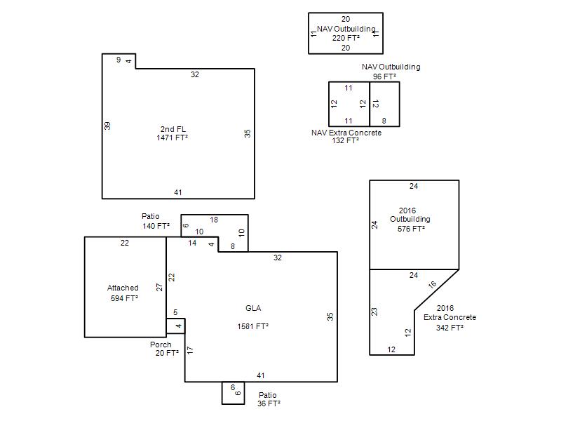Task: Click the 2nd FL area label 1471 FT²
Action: coord(172,138)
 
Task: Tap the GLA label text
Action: coord(253,308)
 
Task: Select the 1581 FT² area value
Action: coord(253,326)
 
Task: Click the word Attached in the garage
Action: coord(123,288)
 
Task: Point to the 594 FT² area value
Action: coord(124,298)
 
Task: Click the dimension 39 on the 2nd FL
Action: coord(107,126)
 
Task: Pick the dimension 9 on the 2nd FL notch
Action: coord(119,60)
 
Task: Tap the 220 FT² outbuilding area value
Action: coord(346,38)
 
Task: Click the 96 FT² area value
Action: coord(384,76)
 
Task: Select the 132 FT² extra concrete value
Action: coord(345,141)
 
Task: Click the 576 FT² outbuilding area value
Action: coord(411,229)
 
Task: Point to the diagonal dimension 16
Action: coord(432,285)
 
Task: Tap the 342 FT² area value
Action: coord(450,328)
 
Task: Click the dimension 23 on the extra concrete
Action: coord(374,312)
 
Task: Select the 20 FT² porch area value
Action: coord(167,354)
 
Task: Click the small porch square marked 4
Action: coord(176,326)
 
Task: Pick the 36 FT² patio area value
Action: coord(269,404)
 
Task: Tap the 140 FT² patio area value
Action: coord(156,226)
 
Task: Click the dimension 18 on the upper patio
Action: coord(214,220)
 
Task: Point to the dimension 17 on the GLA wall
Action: coord(190,349)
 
